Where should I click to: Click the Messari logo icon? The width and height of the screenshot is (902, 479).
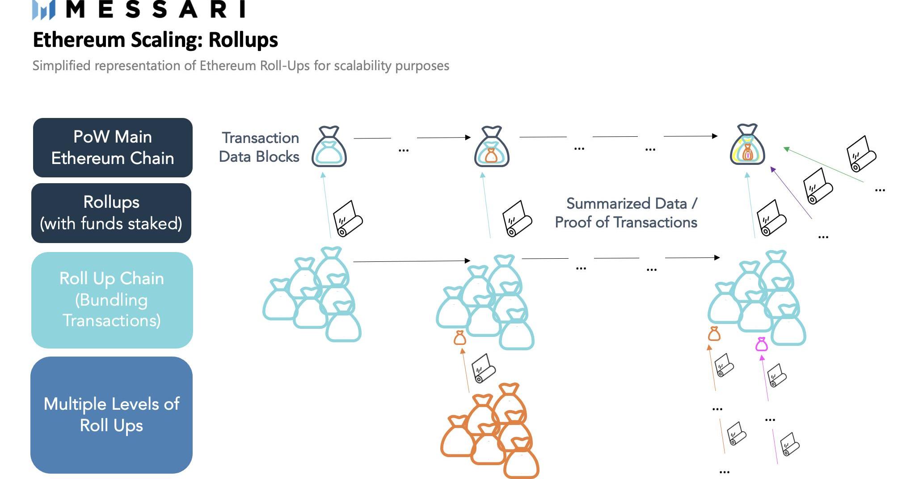point(43,9)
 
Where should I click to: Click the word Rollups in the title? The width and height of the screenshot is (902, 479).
point(243,40)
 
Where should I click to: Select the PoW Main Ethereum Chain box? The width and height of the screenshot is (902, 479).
point(113,147)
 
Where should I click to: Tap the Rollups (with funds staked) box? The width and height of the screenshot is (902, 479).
point(111,213)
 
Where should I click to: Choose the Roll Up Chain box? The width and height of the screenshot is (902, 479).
point(112,300)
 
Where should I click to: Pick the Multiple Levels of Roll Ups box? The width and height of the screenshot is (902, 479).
point(111,415)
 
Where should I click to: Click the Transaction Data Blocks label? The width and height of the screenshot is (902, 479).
point(259,147)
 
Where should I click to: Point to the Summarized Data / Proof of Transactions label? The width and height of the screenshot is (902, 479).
point(626,213)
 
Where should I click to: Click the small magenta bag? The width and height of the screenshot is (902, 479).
point(761,344)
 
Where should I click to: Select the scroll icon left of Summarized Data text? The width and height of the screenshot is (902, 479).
point(517,219)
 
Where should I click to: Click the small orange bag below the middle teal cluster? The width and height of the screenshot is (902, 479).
point(459,338)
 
